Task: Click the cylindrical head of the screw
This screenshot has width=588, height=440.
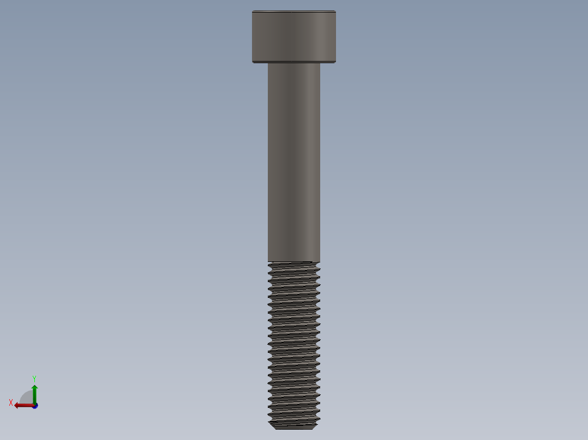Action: coord(293,36)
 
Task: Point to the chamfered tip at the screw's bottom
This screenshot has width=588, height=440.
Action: coord(293,425)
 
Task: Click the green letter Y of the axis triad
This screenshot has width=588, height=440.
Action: coord(34,378)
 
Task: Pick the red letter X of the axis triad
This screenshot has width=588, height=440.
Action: coord(11,402)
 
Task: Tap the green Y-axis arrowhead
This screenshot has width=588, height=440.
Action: coord(34,387)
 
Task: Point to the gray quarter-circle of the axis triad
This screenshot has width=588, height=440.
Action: coord(27,398)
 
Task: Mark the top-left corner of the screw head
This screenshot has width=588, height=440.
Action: coord(253,11)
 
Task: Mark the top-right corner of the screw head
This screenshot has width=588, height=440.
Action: coord(335,11)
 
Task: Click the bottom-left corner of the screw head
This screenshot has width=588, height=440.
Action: coord(253,62)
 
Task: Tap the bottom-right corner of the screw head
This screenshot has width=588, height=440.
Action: coord(335,62)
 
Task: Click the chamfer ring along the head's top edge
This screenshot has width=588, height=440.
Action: coord(293,11)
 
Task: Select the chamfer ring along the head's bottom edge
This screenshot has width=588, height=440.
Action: coord(293,62)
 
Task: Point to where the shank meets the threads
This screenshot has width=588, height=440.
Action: coord(293,261)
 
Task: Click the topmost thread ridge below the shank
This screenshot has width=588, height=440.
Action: coord(293,265)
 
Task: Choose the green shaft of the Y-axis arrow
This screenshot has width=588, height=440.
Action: coord(34,396)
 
